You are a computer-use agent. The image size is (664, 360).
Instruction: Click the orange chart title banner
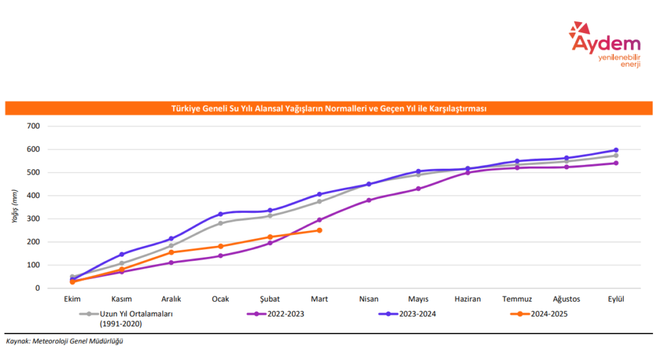click(328, 108)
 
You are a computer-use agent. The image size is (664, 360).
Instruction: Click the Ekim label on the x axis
click(72, 299)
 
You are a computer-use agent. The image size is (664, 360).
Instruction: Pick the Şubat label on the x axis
click(270, 299)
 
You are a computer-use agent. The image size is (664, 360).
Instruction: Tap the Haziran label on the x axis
click(468, 299)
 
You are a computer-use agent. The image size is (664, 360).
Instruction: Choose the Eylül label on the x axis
click(615, 299)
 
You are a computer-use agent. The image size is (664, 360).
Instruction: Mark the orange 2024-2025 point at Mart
click(320, 230)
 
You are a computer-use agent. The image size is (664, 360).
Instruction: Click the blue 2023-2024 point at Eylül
click(616, 150)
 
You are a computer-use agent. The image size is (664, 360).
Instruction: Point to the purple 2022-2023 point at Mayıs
click(418, 189)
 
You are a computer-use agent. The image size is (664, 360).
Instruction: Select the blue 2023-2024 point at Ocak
click(220, 214)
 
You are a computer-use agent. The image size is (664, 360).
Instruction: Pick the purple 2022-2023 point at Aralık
click(171, 263)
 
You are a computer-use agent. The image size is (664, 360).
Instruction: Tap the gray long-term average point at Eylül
click(616, 156)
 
